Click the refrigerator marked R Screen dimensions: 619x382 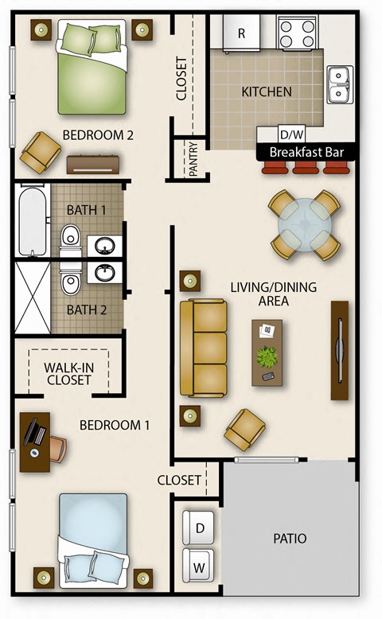coord(241,33)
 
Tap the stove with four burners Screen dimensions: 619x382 coord(297,33)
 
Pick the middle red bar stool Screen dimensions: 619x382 coord(306,167)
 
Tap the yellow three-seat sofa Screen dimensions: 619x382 coord(203,348)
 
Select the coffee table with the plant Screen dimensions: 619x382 coord(267,352)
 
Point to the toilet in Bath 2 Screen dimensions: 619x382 coord(71,282)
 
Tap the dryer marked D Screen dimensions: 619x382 coord(199,527)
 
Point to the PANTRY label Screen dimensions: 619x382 coord(193,158)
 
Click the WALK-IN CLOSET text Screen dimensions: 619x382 coord(67,374)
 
